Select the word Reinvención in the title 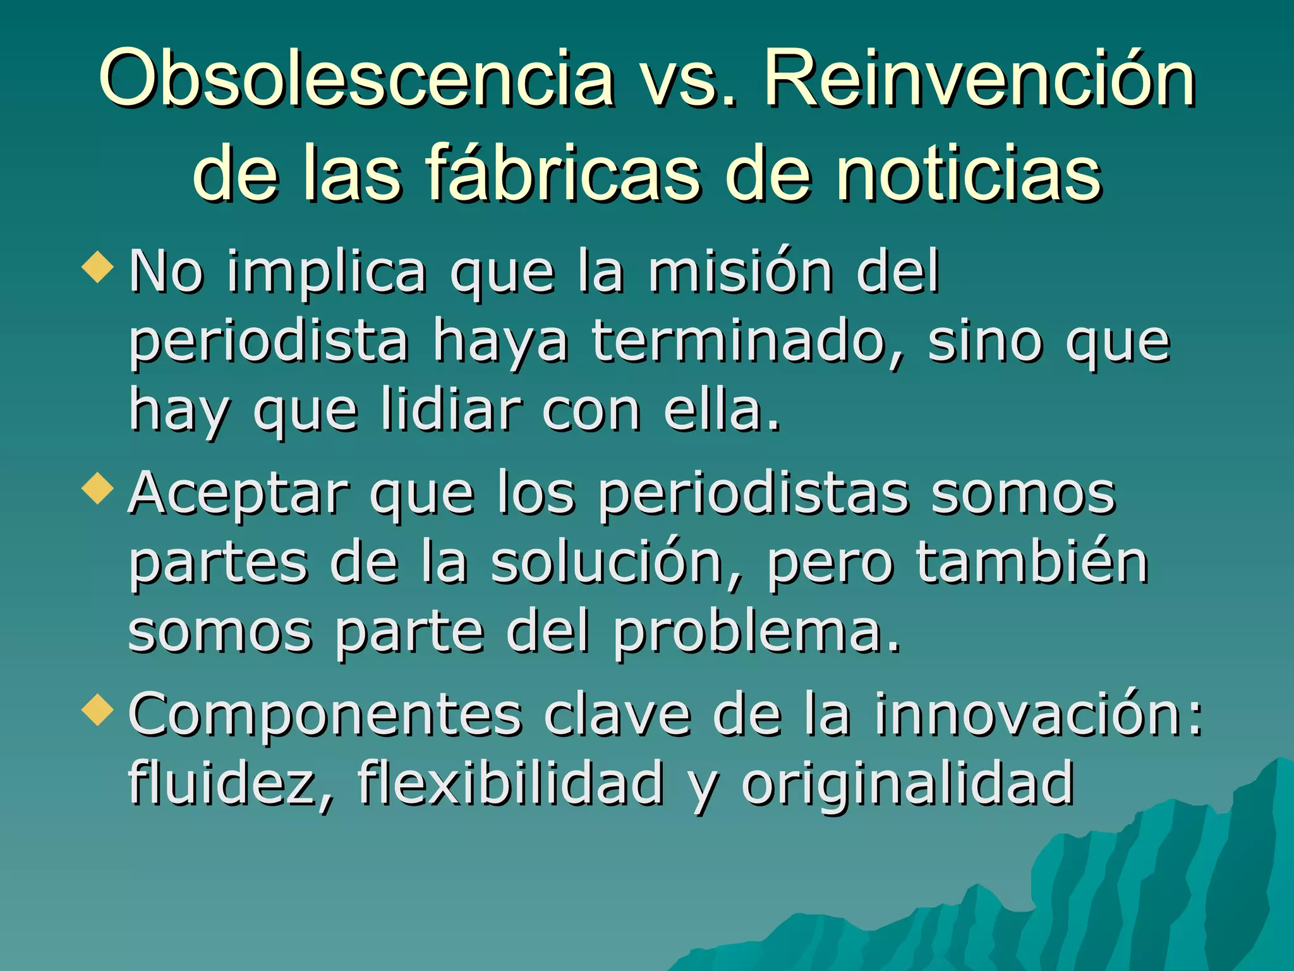click(979, 79)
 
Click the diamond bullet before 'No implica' click(98, 267)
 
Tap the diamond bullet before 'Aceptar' click(98, 489)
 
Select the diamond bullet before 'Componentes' click(98, 709)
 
